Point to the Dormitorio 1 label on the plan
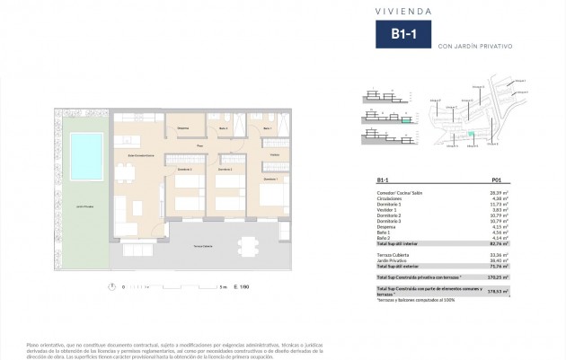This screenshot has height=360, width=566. pos(270,179)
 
